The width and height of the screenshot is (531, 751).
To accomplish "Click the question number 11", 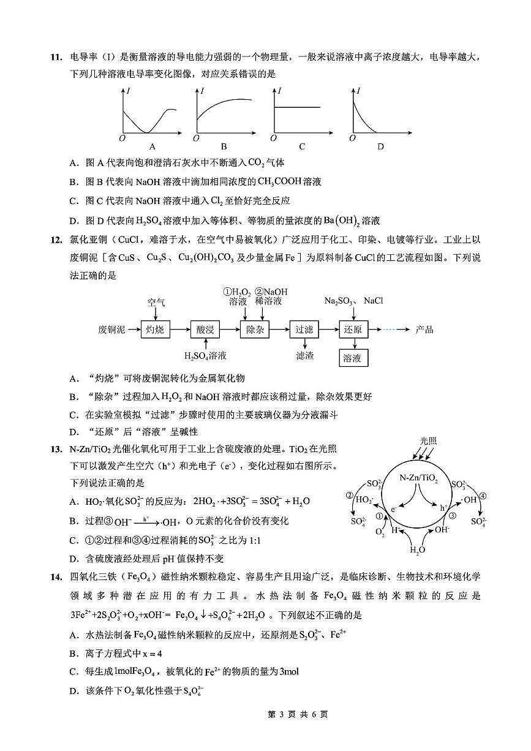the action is click(56, 58).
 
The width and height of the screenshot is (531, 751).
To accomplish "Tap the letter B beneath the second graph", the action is click(224, 146).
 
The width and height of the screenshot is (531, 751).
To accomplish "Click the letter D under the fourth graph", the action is click(380, 146).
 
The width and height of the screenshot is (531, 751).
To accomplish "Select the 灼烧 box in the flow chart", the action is click(155, 330).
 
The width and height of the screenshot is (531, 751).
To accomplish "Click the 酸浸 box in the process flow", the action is click(205, 330).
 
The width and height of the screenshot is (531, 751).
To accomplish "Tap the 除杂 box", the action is click(254, 330).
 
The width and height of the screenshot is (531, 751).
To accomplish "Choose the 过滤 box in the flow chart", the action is click(304, 330).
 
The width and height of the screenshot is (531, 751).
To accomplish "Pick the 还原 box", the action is click(353, 330).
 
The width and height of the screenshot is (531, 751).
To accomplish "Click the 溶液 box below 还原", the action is click(353, 358).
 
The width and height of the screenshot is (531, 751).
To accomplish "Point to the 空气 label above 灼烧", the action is click(156, 303).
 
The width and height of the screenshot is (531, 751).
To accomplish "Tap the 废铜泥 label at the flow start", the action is click(111, 330).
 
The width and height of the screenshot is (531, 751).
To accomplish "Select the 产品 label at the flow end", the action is click(424, 330).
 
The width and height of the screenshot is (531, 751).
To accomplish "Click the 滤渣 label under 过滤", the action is click(304, 355).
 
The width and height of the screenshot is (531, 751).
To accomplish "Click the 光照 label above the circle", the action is click(428, 441).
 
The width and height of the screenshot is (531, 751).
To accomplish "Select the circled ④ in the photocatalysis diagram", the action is click(483, 496).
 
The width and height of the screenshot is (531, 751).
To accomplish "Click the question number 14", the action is click(56, 576).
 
